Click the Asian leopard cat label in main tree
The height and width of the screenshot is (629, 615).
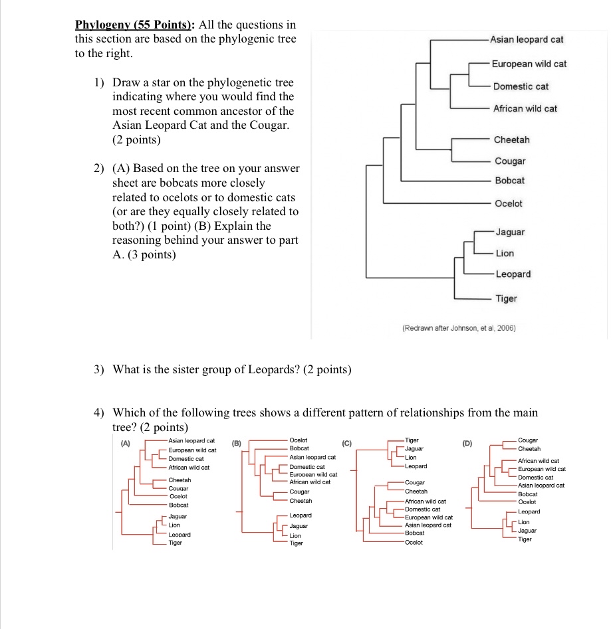(527, 39)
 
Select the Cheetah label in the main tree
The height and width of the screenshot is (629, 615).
(511, 139)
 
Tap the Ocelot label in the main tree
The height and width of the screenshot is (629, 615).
(508, 203)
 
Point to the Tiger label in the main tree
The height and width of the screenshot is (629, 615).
(505, 298)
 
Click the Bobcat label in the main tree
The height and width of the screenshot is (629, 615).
(509, 181)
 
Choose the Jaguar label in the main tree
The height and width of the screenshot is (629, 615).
(509, 232)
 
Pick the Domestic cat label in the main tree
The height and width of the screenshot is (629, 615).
(521, 86)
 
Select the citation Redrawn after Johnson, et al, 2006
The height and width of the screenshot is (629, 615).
(459, 328)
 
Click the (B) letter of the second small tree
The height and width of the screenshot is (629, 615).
(237, 443)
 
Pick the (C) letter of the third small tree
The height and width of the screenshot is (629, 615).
(346, 443)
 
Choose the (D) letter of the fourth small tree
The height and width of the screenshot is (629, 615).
(467, 443)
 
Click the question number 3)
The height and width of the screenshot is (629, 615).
(99, 369)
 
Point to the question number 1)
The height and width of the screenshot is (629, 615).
(99, 83)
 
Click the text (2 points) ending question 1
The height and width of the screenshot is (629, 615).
(136, 140)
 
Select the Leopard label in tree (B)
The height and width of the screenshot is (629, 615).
(301, 515)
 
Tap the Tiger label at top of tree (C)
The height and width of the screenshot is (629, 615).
(412, 440)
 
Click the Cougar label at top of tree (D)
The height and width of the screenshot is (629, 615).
(528, 440)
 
